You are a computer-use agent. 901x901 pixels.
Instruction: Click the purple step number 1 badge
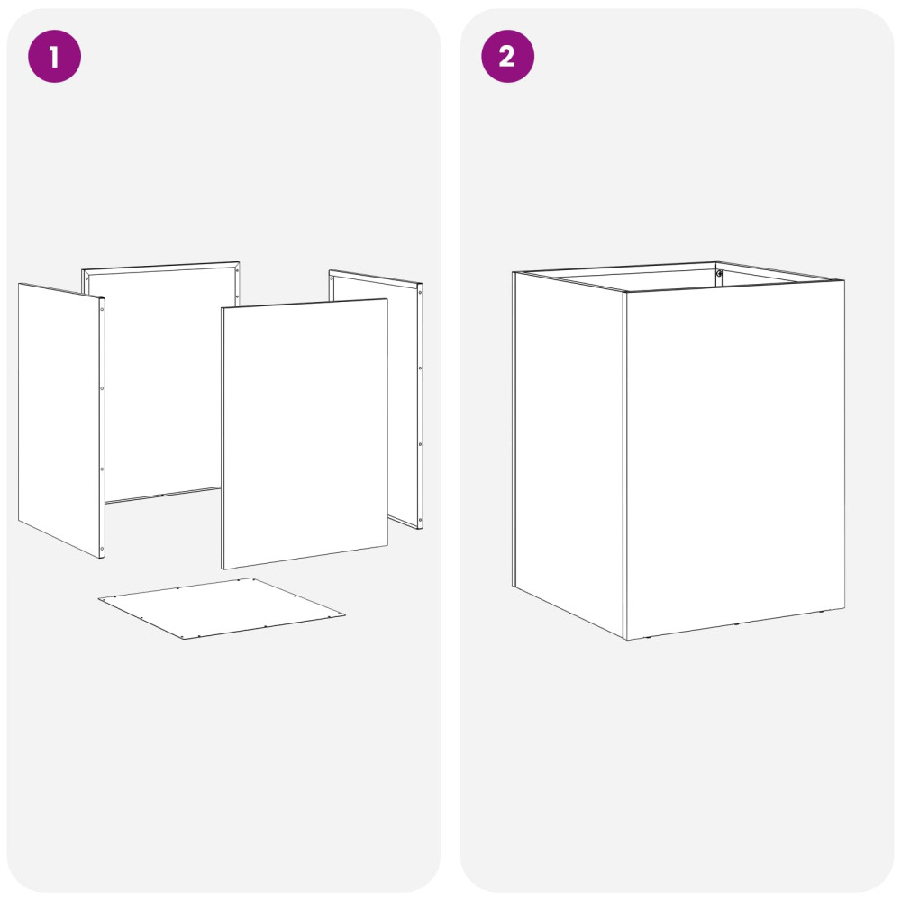(x=55, y=56)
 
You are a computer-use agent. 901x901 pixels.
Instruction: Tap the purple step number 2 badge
(x=507, y=56)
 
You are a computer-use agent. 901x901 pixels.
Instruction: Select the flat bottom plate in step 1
(x=222, y=608)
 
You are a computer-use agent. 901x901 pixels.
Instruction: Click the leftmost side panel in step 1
(x=61, y=420)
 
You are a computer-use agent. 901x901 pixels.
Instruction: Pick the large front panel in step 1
(x=305, y=434)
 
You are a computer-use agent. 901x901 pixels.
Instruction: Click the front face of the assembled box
(x=734, y=460)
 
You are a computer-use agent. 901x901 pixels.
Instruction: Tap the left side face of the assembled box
(x=569, y=454)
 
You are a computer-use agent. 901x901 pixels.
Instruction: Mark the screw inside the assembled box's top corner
(x=719, y=274)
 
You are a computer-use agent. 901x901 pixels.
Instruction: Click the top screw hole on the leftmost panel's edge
(x=103, y=309)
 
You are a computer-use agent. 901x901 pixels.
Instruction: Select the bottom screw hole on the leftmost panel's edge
(x=103, y=548)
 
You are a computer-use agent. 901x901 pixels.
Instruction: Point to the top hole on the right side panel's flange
(x=420, y=293)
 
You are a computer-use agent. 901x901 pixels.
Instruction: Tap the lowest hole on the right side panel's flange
(x=420, y=521)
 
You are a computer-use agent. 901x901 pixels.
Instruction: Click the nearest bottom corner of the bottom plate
(x=184, y=639)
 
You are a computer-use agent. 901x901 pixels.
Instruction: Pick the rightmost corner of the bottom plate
(x=345, y=614)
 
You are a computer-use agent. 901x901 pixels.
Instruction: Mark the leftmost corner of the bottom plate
(x=98, y=599)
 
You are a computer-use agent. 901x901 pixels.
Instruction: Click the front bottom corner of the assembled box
(x=626, y=640)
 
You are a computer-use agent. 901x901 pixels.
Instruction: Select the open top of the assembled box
(x=678, y=277)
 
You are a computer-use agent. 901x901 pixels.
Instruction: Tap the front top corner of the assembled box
(x=625, y=291)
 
